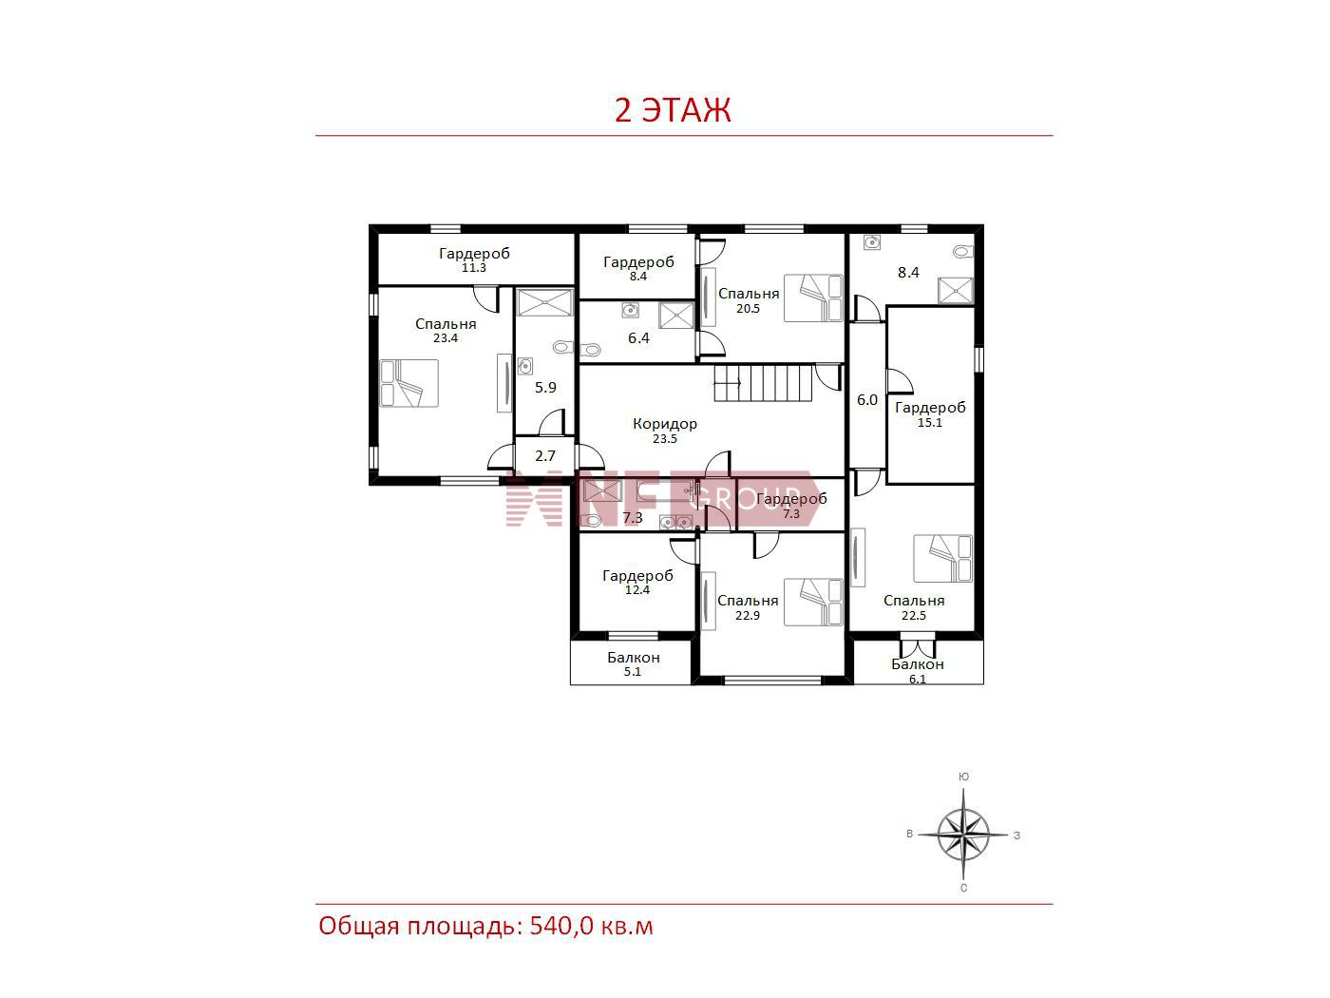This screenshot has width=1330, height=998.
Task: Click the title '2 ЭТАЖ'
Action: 673,109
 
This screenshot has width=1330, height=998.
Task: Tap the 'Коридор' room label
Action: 665,424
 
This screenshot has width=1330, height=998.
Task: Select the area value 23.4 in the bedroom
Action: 446,338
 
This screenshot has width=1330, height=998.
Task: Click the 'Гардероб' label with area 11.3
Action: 474,253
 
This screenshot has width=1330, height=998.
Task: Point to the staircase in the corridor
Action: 763,383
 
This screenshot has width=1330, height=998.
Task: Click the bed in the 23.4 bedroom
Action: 409,384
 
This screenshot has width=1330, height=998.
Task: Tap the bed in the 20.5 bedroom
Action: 813,298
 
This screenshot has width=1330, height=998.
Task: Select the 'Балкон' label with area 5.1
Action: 634,658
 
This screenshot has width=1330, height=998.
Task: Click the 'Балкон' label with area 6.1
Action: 918,664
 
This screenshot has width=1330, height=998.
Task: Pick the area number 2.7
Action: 544,455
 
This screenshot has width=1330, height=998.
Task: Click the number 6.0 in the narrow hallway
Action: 867,400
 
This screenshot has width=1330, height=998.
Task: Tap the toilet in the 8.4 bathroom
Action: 963,251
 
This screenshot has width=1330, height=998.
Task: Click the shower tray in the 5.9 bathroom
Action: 545,302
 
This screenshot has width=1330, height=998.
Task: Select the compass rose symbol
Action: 963,835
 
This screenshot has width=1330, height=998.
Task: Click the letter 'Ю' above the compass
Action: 963,777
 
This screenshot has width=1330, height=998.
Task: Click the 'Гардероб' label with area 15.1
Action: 930,408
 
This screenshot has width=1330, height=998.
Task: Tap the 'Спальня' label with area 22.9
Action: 748,601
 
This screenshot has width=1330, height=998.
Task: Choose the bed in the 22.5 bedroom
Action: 942,559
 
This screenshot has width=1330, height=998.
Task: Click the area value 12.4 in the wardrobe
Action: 637,589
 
